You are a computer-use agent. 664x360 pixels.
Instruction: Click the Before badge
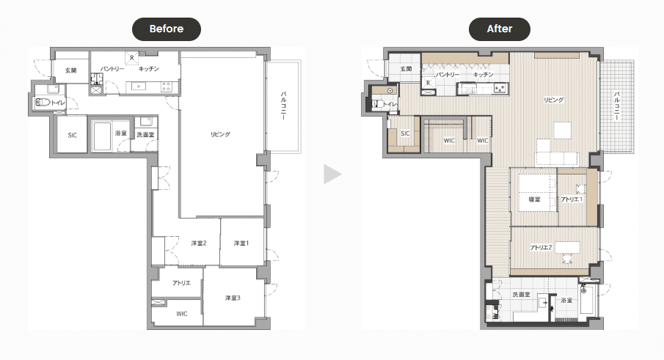tap(167, 29)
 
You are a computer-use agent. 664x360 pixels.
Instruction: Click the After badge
tap(499, 29)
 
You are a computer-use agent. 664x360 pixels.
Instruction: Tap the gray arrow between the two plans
tap(332, 175)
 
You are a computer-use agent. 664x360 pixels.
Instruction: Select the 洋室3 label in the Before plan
tap(233, 298)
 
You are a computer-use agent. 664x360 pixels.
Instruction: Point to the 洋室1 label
tap(241, 243)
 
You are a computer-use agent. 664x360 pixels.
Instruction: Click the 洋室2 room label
tap(199, 243)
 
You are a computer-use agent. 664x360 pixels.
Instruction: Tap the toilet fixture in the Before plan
tap(43, 103)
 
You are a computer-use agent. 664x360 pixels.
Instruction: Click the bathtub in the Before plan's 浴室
tap(102, 136)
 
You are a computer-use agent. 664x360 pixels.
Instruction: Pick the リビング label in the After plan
tap(554, 100)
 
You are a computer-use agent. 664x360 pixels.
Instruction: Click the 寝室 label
tap(534, 199)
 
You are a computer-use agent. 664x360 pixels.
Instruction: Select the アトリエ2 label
tap(541, 248)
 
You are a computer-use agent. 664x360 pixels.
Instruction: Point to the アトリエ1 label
tap(572, 199)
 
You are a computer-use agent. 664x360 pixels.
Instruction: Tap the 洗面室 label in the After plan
tap(521, 295)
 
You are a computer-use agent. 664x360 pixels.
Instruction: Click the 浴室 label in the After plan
tap(566, 301)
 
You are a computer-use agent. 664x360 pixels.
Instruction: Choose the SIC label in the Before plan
tap(73, 136)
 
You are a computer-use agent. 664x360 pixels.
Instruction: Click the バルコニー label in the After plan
tap(617, 106)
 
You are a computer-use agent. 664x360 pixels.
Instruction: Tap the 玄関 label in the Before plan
tap(70, 70)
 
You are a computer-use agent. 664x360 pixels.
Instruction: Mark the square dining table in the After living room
tap(562, 131)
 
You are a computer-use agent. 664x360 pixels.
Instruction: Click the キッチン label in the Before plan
tap(149, 68)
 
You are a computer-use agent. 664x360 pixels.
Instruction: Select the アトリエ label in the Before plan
tap(181, 283)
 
